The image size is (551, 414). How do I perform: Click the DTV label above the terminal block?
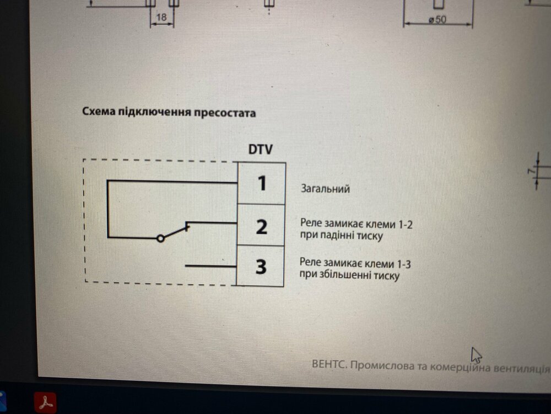coord(261,149)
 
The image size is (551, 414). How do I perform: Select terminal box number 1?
coord(261,183)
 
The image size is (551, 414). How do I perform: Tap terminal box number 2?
coord(261,225)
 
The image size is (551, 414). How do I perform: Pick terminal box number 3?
coord(260,266)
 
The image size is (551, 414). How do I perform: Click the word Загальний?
coord(325,189)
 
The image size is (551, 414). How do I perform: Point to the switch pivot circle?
coord(160,238)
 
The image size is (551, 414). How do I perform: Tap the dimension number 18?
coord(161,17)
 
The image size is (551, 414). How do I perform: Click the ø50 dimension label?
coord(437,20)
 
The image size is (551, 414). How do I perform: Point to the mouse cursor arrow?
coord(476,355)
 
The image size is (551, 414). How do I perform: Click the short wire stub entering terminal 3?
coord(211,266)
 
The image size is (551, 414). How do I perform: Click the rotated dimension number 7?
coord(531,171)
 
